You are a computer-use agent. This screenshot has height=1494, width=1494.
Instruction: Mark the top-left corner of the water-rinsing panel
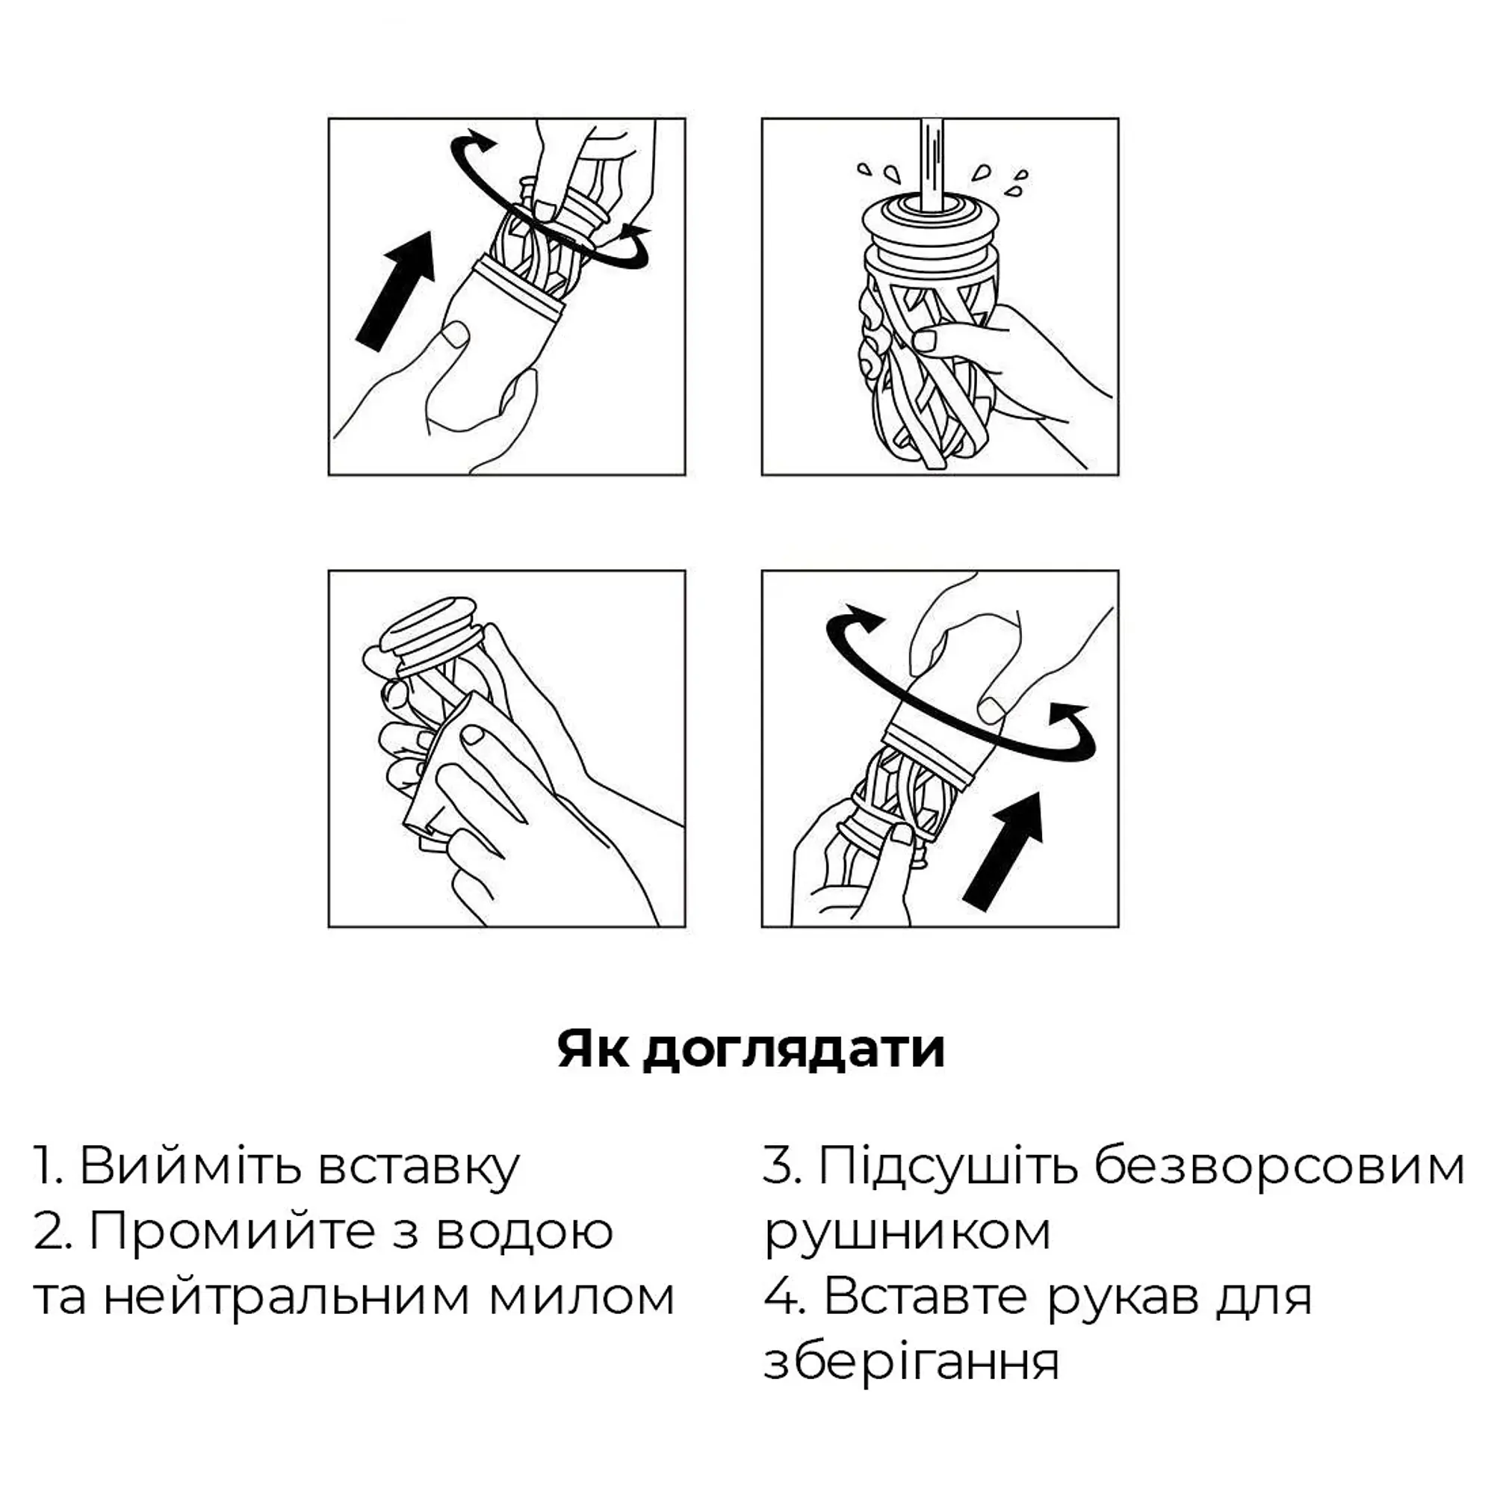coord(762,118)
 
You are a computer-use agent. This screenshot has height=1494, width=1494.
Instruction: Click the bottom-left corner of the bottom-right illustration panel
coord(762,927)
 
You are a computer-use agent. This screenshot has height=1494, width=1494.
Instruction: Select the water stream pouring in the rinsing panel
coord(932,164)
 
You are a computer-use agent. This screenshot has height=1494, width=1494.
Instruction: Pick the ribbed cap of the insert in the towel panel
coord(431,629)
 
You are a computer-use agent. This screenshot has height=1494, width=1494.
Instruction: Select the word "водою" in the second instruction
coord(525,1253)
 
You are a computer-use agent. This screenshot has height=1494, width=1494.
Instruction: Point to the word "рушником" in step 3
coord(908,1253)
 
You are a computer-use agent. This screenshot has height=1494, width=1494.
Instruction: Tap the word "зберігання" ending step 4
coord(911,1383)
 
